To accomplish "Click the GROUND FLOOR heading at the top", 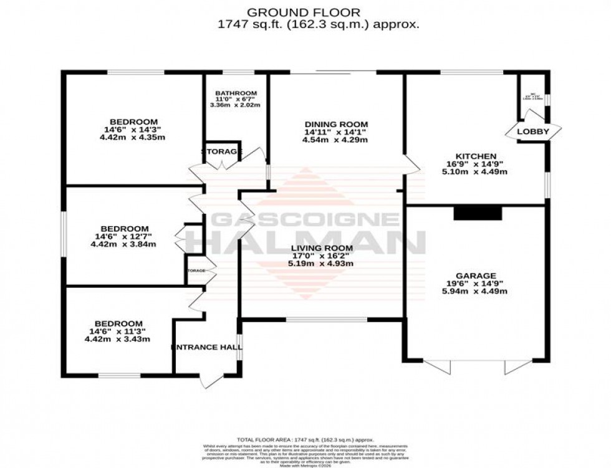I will pyautogui.click(x=305, y=12).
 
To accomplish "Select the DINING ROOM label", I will pyautogui.click(x=336, y=124).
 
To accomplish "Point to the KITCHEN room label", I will pyautogui.click(x=475, y=156).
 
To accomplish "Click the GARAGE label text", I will pyautogui.click(x=475, y=275).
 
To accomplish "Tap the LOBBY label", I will pyautogui.click(x=533, y=131).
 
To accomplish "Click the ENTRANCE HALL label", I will pyautogui.click(x=206, y=347).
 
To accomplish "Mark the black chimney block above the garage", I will pyautogui.click(x=478, y=214).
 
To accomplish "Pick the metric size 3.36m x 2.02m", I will pyautogui.click(x=235, y=105).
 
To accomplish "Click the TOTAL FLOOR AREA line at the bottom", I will pyautogui.click(x=305, y=439).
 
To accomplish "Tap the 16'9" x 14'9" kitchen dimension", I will pyautogui.click(x=475, y=164).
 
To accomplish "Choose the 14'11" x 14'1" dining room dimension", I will pyautogui.click(x=336, y=132).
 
